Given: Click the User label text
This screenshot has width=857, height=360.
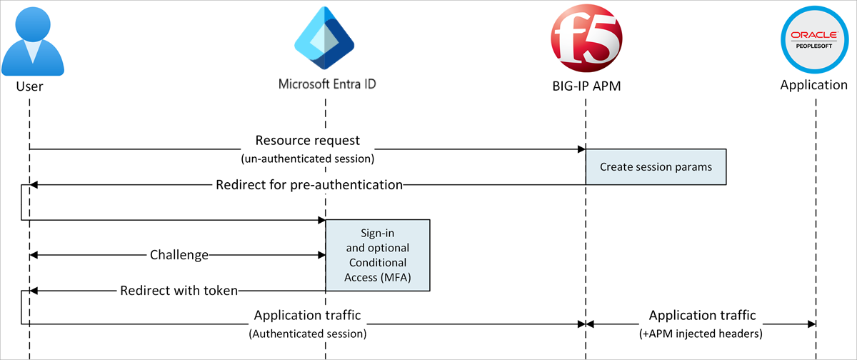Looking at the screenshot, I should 29,86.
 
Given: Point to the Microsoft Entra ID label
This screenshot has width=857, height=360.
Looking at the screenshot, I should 327,84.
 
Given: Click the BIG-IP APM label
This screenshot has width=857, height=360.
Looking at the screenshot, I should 586,86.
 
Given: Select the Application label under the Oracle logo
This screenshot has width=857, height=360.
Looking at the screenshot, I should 813,85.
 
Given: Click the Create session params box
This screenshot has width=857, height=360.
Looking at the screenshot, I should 656,167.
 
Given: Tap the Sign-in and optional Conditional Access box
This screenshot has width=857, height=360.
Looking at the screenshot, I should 378,255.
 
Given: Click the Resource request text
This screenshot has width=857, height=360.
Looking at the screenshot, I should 308,139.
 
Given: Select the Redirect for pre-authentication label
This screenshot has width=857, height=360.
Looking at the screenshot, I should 309,185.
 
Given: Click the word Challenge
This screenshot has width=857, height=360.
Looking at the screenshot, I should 179,255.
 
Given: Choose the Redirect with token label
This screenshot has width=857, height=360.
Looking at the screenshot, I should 179,291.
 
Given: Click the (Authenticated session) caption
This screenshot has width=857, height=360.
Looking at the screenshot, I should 307,334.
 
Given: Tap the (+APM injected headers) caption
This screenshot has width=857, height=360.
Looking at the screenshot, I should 702,334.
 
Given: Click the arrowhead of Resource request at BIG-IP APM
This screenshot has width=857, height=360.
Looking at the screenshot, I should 581,149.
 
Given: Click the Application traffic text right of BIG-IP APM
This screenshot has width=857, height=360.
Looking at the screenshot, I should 702,315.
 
